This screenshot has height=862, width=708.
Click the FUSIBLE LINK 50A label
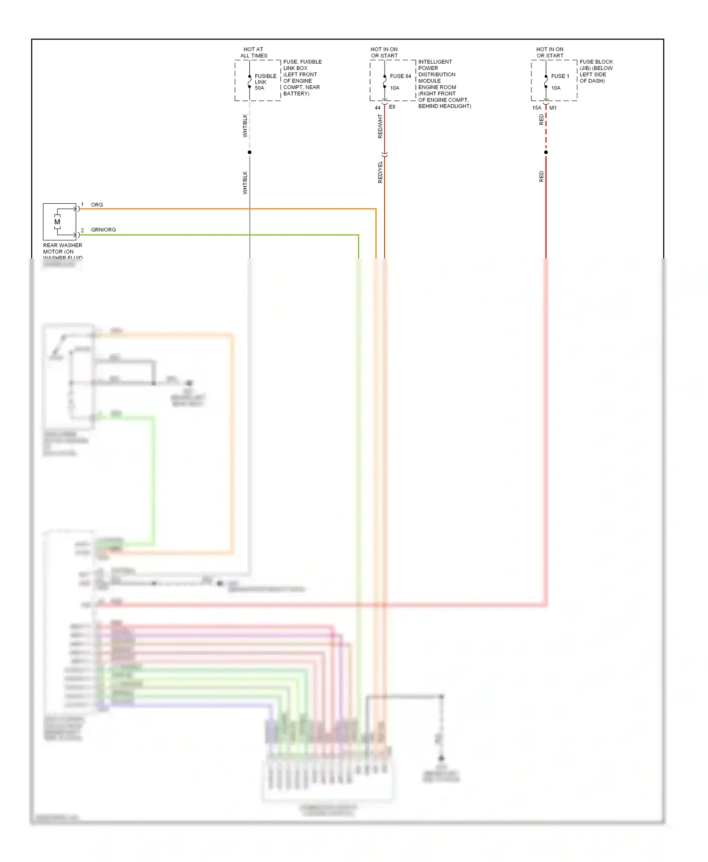coord(265,82)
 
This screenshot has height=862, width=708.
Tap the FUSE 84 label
coord(400,76)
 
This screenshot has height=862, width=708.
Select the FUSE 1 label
coord(560,76)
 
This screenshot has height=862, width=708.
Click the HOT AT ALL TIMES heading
coord(253,52)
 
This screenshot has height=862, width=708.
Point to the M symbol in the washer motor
coord(57,222)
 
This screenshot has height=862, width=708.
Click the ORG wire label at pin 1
coord(97,205)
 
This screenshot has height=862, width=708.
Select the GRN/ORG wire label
coord(103,230)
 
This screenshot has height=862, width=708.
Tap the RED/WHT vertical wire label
coord(380,126)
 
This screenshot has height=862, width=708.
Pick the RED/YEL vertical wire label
coord(380,172)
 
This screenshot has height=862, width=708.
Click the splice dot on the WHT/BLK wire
coord(250,152)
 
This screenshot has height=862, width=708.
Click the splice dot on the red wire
coord(546,152)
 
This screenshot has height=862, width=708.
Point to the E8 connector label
coord(392,107)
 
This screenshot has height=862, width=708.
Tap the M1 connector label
coord(553,108)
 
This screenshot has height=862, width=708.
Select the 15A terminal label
coord(537,108)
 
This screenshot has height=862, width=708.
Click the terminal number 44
coord(377,108)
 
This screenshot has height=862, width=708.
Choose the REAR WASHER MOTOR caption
coord(62,249)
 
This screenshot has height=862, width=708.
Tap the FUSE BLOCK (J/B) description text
coord(596,71)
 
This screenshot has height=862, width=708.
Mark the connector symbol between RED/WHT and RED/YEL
coord(385,155)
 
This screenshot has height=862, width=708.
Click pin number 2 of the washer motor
coord(82,230)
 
